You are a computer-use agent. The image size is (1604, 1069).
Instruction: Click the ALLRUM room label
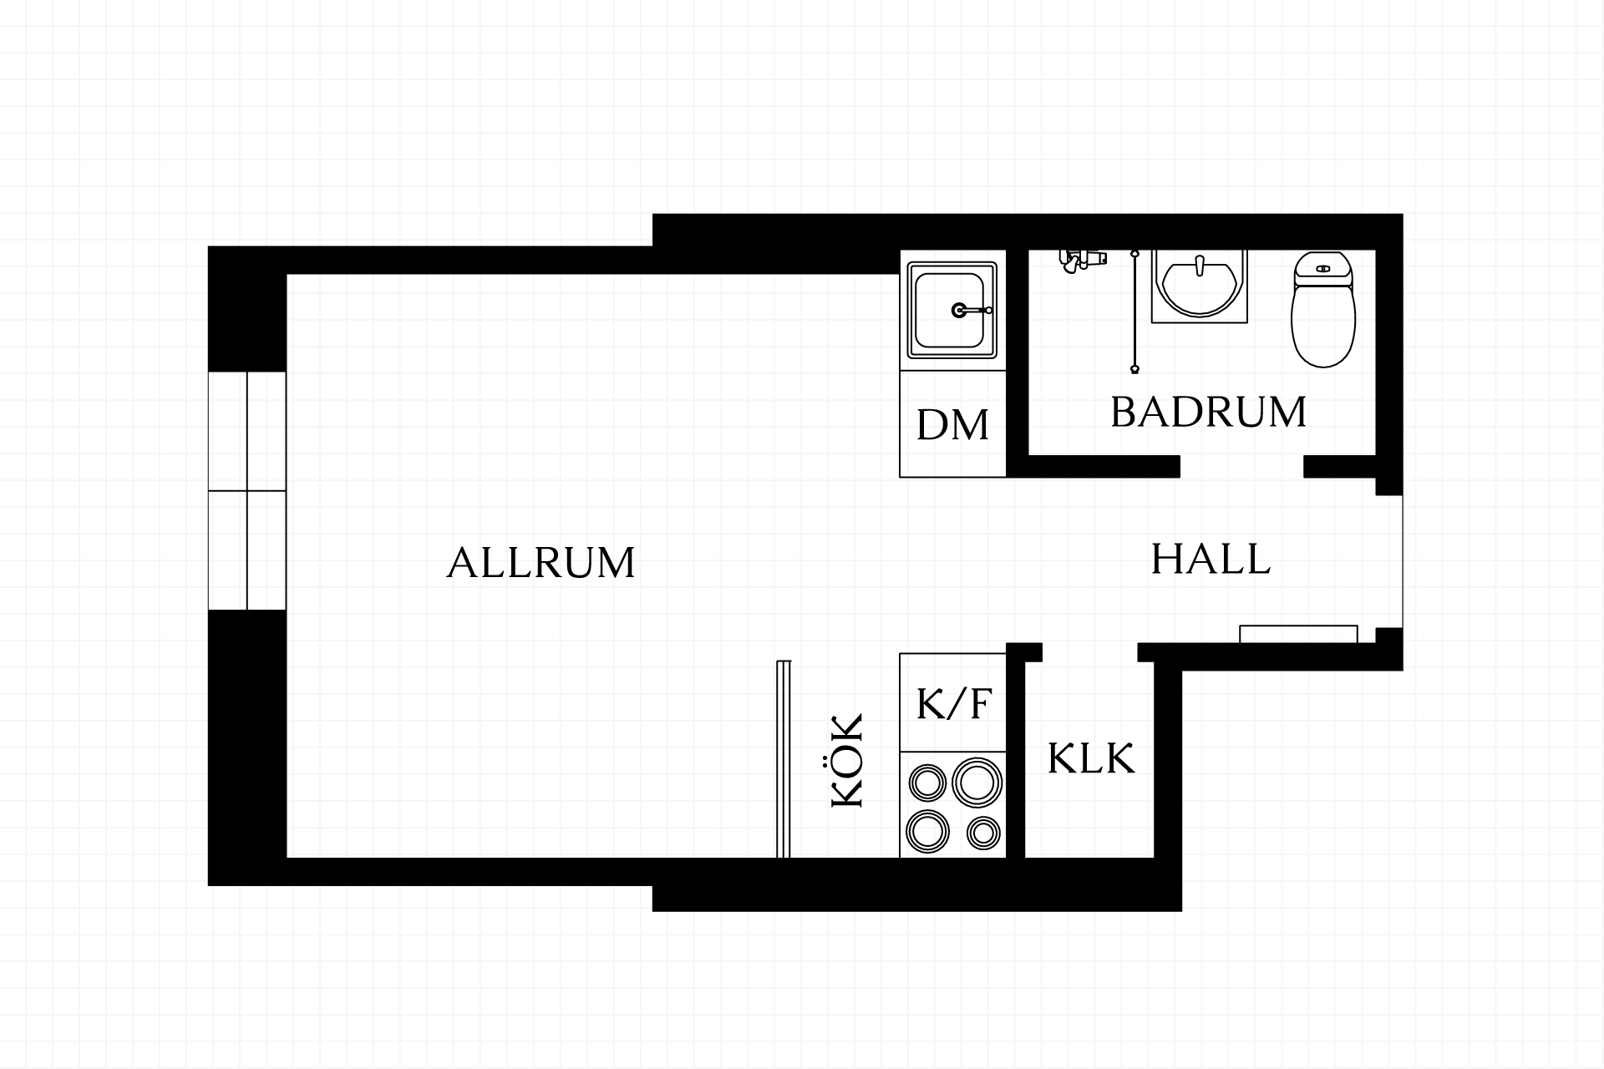pos(541,563)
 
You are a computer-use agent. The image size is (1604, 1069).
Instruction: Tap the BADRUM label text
pos(1208,413)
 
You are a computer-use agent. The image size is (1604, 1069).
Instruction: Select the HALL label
pos(1211,559)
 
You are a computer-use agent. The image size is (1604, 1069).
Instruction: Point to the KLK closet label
pos(1090,759)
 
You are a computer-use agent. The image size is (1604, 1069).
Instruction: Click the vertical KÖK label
pos(847,761)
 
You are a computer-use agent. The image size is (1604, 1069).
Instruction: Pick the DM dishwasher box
pos(952,424)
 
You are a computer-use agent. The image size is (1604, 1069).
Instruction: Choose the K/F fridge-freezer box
pos(952,702)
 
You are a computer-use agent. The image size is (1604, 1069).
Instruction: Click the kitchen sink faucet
pos(970,310)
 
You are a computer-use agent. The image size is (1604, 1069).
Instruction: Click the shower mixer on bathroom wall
pos(1082,260)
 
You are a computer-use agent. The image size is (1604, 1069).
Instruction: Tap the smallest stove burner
pos(983,832)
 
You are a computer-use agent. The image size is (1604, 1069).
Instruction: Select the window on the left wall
pos(247,490)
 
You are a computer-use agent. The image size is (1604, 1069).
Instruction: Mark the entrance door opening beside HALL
pos(1390,561)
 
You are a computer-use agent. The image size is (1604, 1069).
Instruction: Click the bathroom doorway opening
pos(1242,467)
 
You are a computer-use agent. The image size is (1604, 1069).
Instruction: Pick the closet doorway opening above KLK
pos(1090,652)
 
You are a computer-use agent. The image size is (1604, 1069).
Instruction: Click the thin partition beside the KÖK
pos(783,759)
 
